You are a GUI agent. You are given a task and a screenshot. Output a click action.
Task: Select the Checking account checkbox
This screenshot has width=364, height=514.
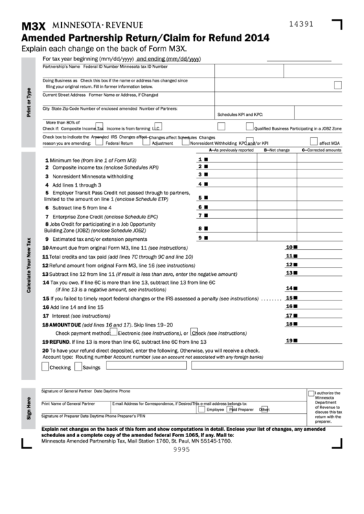tap(45, 367)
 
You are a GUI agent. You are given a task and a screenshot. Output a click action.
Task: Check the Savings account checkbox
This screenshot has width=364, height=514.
tap(78, 367)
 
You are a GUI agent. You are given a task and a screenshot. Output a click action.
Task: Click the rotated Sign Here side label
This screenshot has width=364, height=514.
tap(28, 408)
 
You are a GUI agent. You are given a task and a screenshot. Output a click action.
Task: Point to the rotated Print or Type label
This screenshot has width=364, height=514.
tap(28, 102)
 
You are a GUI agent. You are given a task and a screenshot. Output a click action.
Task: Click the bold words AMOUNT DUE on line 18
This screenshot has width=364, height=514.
tap(65, 324)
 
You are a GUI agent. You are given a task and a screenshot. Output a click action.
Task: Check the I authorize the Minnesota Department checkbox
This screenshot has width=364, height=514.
tap(311, 393)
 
